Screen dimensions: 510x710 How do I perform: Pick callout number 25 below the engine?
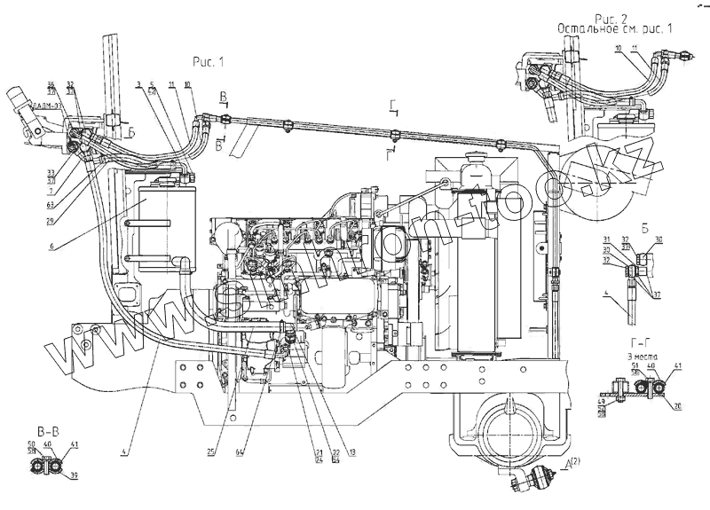[211, 451]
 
